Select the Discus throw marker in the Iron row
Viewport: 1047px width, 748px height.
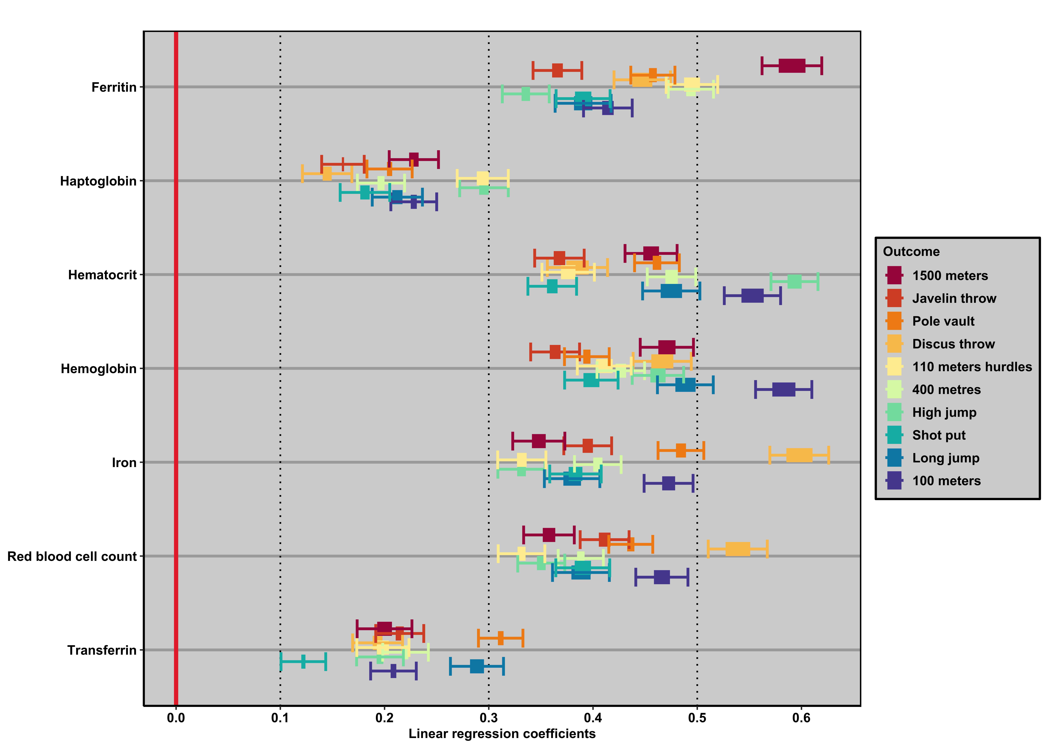pyautogui.click(x=799, y=455)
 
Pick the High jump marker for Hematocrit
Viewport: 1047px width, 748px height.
pyautogui.click(x=794, y=281)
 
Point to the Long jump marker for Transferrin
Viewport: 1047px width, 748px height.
pyautogui.click(x=477, y=666)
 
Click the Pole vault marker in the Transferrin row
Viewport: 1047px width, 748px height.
pyautogui.click(x=500, y=638)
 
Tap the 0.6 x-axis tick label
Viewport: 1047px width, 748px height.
pyautogui.click(x=801, y=718)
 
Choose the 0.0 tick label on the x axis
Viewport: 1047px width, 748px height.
pyautogui.click(x=176, y=718)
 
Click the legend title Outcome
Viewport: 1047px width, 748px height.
pyautogui.click(x=911, y=252)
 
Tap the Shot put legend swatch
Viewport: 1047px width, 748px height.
pyautogui.click(x=894, y=435)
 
